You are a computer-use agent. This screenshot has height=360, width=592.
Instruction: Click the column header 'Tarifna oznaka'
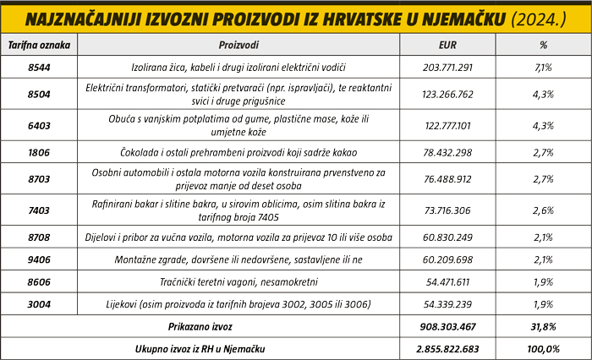(x=39, y=42)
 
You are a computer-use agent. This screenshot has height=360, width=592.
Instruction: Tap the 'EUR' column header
(x=448, y=42)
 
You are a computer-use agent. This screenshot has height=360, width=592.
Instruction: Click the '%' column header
(x=542, y=42)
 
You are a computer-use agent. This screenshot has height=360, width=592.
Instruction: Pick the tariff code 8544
(x=39, y=66)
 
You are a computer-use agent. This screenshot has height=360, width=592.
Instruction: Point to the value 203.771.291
(x=448, y=66)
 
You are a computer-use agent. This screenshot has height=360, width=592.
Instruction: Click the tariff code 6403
(x=39, y=126)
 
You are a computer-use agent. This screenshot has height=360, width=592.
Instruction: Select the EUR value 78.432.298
(x=448, y=152)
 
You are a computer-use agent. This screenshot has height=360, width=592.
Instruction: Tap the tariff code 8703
(x=39, y=178)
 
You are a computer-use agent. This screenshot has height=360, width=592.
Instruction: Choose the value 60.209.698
(x=448, y=259)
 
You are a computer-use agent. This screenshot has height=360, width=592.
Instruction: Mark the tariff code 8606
(x=39, y=281)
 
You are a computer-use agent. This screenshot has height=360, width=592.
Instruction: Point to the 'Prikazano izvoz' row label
(x=200, y=325)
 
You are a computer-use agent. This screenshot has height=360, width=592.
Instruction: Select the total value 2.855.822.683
(x=448, y=348)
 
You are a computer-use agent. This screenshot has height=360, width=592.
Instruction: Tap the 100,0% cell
(x=542, y=348)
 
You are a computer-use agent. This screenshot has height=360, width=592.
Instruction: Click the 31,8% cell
(x=542, y=325)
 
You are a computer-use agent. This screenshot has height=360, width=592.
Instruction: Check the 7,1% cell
(x=542, y=66)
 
